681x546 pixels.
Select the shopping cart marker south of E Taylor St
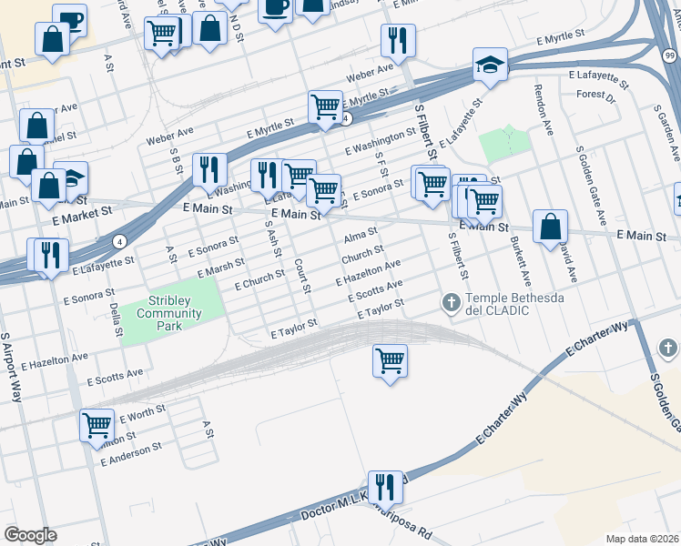pyautogui.click(x=391, y=361)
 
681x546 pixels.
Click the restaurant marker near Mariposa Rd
pyautogui.click(x=385, y=488)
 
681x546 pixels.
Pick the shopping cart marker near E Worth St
pyautogui.click(x=97, y=425)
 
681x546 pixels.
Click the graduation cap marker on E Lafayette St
pyautogui.click(x=490, y=65)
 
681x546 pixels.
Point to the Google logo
pyautogui.click(x=29, y=534)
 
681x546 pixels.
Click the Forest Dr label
pyautogui.click(x=597, y=95)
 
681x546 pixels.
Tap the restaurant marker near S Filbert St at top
pyautogui.click(x=398, y=40)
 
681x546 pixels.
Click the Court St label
pyautogui.click(x=302, y=277)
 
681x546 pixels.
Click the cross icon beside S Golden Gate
pyautogui.click(x=667, y=349)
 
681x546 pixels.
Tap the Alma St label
pyautogui.click(x=360, y=237)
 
